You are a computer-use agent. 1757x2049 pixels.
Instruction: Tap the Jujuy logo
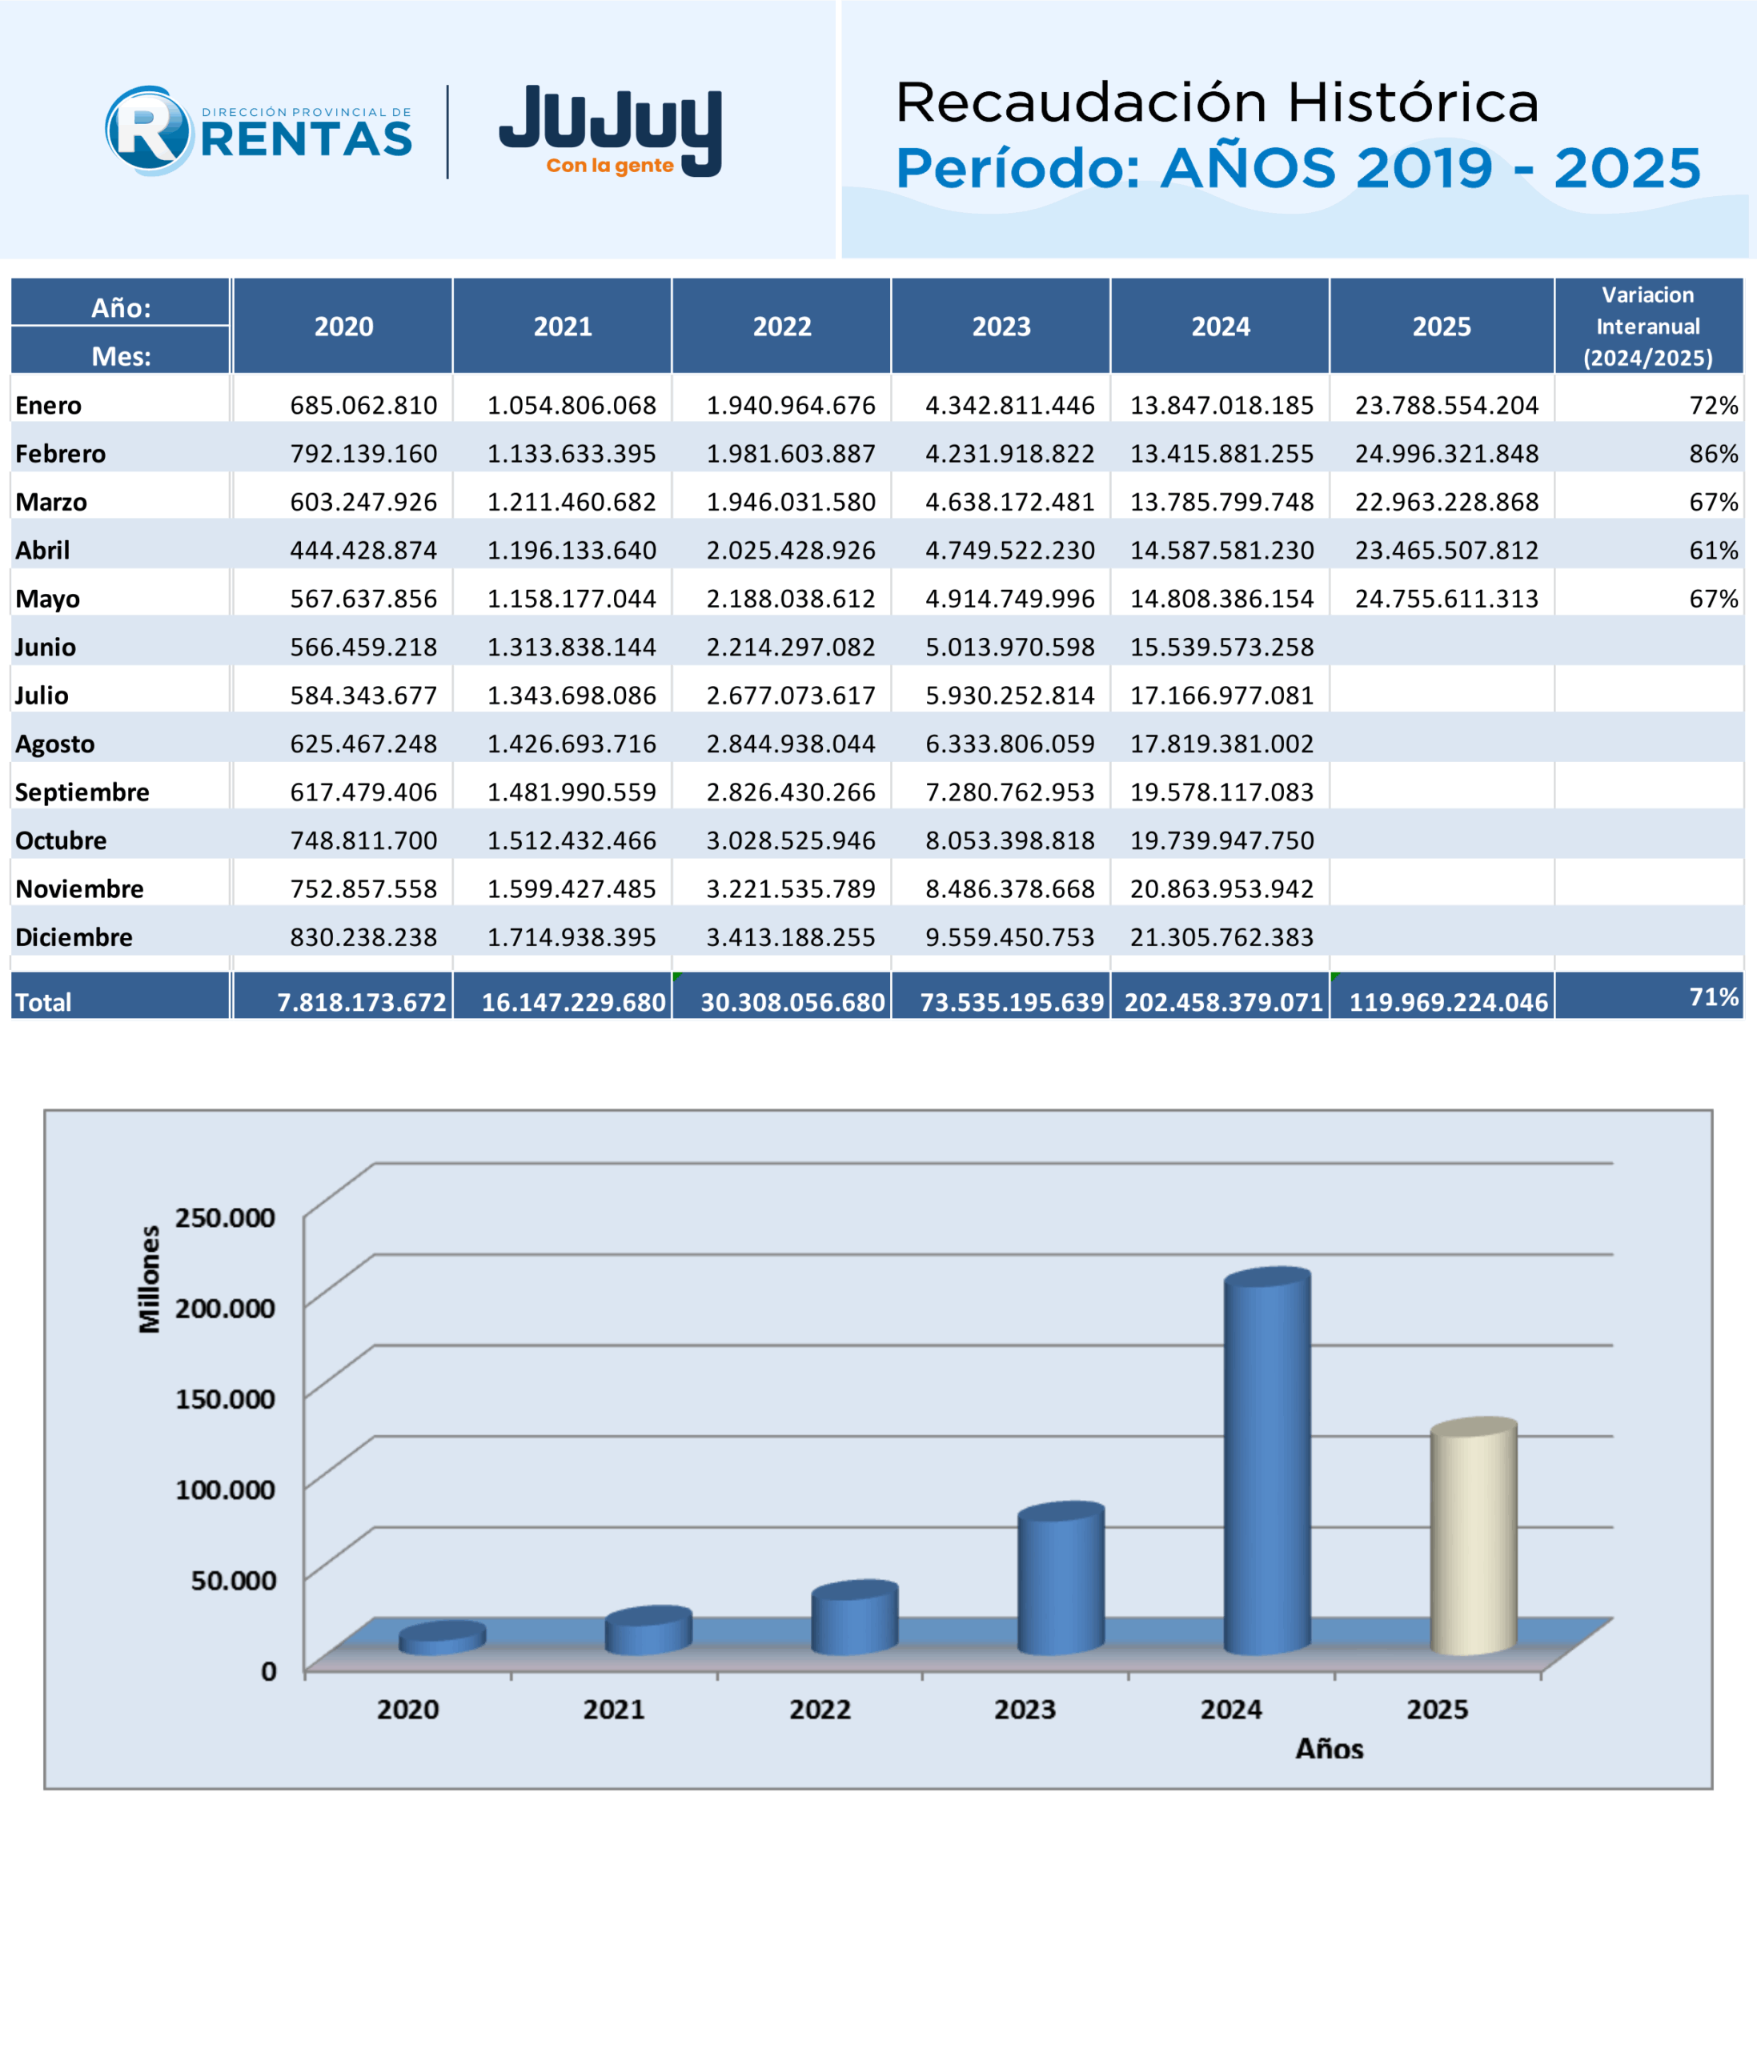[610, 130]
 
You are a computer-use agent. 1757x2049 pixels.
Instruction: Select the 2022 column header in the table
[782, 327]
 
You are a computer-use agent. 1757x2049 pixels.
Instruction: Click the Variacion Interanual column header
[1648, 327]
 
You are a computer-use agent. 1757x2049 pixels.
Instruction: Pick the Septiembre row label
[82, 792]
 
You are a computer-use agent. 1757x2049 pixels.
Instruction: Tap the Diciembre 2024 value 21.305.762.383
[1222, 937]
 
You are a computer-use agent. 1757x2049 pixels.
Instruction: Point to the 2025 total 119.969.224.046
[1449, 1003]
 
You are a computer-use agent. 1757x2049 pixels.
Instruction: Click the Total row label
[43, 1003]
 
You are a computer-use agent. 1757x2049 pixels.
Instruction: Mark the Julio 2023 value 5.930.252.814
[1009, 696]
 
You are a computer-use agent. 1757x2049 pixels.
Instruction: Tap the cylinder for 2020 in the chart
[442, 1638]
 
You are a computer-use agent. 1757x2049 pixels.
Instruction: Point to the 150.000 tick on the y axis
[226, 1399]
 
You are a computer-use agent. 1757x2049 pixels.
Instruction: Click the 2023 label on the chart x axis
[1025, 1710]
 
